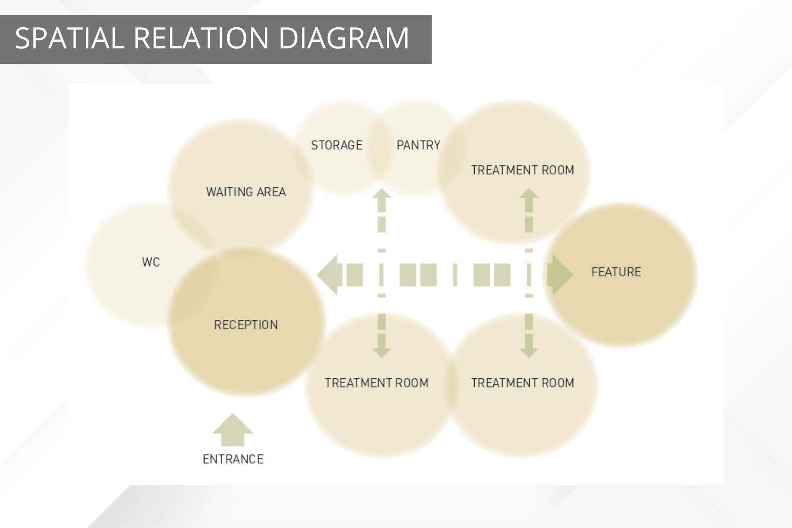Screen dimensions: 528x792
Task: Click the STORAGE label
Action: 337,145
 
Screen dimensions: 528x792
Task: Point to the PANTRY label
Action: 418,145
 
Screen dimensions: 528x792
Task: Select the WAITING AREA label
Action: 246,192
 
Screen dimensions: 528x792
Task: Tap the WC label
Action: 151,263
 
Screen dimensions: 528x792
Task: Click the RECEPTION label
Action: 246,325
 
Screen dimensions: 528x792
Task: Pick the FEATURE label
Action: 616,272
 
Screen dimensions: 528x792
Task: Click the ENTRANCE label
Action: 233,459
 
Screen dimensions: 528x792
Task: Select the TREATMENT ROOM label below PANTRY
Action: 523,170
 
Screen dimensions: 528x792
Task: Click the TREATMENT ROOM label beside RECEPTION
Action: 377,383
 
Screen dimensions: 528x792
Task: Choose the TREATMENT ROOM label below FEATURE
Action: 523,383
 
